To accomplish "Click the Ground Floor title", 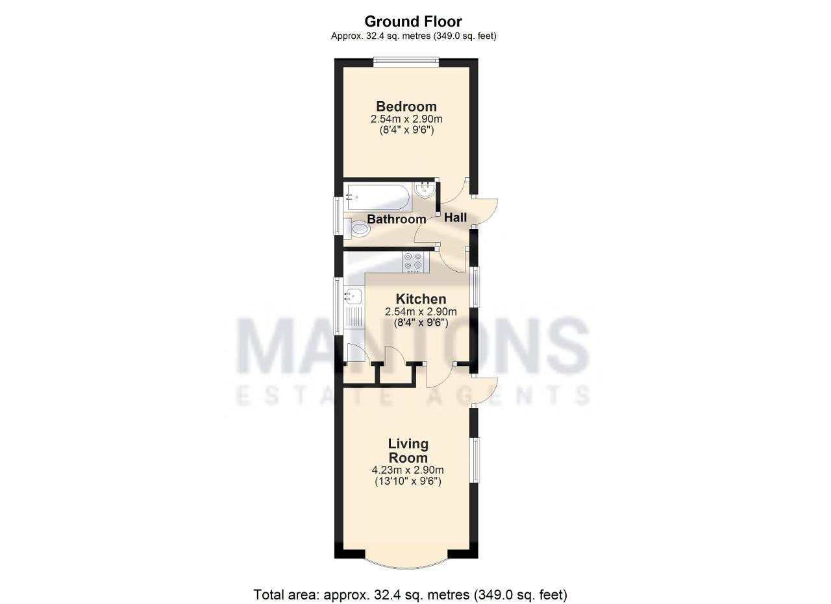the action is pos(413,22).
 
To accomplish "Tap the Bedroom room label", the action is pos(406,106).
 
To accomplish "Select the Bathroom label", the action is pos(396,219).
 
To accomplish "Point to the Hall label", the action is pos(455,217).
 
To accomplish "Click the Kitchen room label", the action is pos(421,299).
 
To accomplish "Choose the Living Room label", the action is pos(408,450).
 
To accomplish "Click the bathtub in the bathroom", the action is pos(377,197).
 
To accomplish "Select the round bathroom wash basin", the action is pos(425,190).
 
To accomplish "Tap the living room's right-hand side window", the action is pos(475,460).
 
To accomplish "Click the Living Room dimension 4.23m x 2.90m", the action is pos(408,470).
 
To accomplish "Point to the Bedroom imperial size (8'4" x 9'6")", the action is pos(406,130).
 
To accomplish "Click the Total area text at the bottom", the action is pos(410,595).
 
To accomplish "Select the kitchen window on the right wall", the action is pos(475,287).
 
